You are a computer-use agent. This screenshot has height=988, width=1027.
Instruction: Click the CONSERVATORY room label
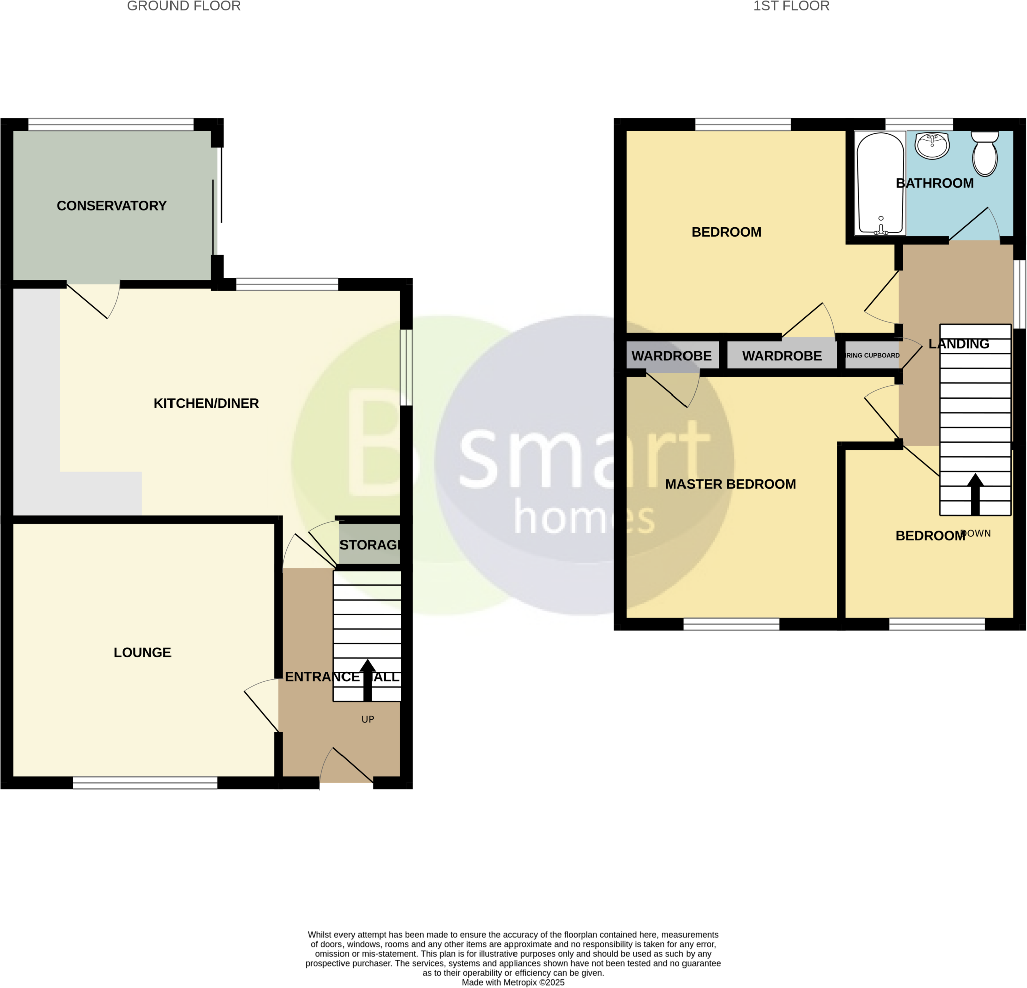(112, 206)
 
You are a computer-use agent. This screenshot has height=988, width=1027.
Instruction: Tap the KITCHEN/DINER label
(206, 403)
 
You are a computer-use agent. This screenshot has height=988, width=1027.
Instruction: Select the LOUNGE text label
(142, 652)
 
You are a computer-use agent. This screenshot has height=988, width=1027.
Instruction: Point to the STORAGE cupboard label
(370, 545)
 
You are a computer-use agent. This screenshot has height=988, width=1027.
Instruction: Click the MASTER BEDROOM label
(731, 484)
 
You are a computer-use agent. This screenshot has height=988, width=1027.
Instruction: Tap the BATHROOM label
(934, 183)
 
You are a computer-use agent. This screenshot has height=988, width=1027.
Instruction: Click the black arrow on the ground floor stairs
(367, 679)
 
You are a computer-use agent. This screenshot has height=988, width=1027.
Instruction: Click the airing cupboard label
(873, 356)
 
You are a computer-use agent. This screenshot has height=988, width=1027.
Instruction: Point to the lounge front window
(145, 782)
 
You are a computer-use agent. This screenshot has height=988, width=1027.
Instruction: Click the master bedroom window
(732, 624)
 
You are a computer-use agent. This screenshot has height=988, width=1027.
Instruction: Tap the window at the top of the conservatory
(110, 125)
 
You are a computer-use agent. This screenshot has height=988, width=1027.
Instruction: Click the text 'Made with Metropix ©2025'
(513, 983)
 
